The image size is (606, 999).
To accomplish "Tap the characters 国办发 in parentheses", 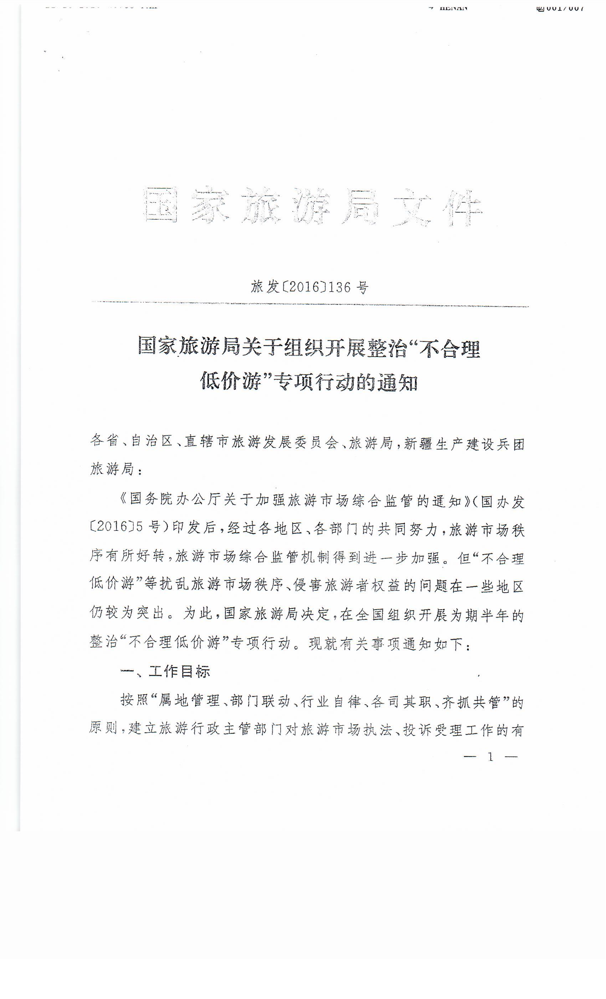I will [502, 502].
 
